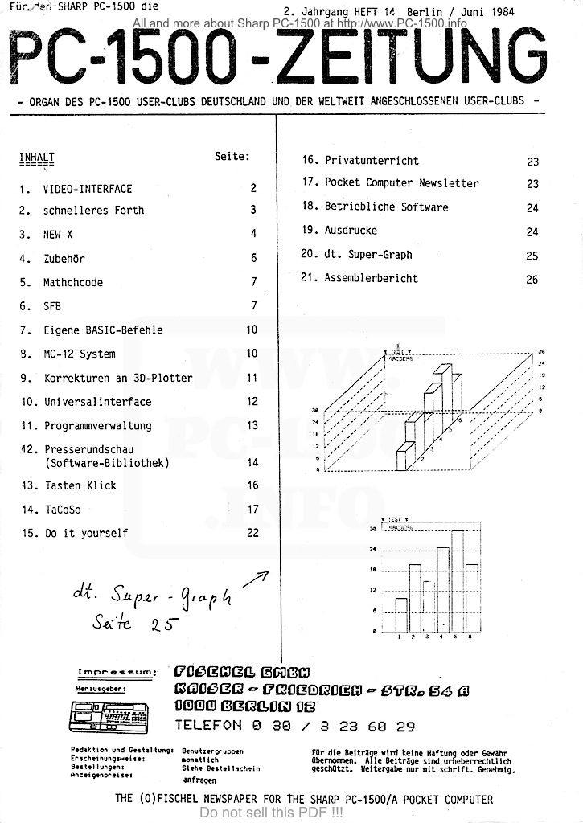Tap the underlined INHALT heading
[x=36, y=157]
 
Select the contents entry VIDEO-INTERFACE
[x=88, y=189]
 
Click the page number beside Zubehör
[x=253, y=259]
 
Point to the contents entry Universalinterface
[x=97, y=402]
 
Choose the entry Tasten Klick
[x=80, y=485]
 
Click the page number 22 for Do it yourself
[x=252, y=533]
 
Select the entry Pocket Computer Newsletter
[x=401, y=183]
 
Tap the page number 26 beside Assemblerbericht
[x=532, y=280]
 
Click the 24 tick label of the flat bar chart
[x=372, y=550]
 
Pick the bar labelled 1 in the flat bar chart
[x=401, y=615]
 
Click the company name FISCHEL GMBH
[x=241, y=672]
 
